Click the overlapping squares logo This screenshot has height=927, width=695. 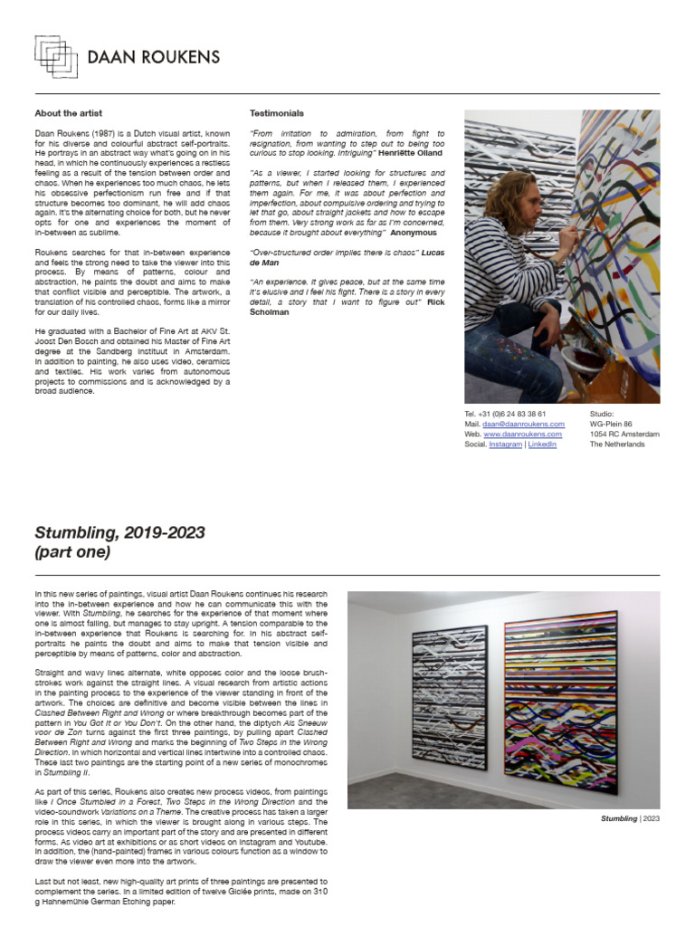[x=56, y=56]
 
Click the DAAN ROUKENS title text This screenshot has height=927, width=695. [x=153, y=58]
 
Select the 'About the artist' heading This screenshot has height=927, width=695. [x=68, y=113]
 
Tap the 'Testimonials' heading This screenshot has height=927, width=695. [x=276, y=113]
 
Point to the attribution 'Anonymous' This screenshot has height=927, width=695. [x=414, y=233]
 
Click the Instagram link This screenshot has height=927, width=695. [x=505, y=444]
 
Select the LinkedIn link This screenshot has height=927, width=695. [x=542, y=444]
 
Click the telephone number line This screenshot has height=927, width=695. [x=504, y=414]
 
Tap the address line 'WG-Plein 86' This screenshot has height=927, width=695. [x=611, y=424]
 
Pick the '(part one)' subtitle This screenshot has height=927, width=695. [x=72, y=552]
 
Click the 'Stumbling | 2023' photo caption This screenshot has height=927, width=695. [x=630, y=818]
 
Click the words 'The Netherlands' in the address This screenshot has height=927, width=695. [x=617, y=444]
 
